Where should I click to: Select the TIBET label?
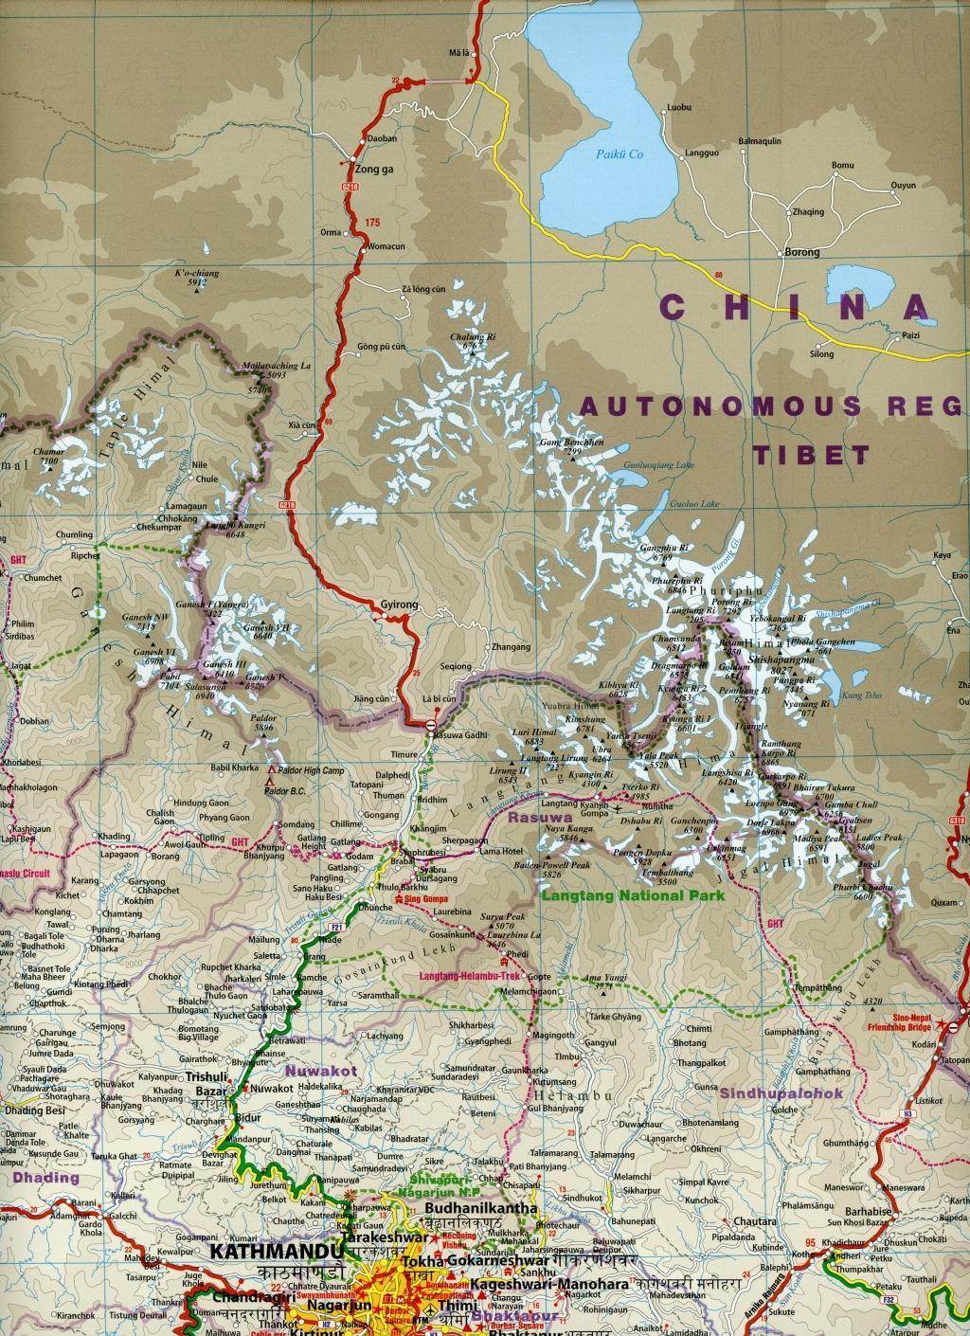click(811, 455)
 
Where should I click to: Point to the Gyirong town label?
click(399, 604)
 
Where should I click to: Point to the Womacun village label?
click(386, 247)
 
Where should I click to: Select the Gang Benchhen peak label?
click(571, 442)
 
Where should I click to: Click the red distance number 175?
click(372, 223)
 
